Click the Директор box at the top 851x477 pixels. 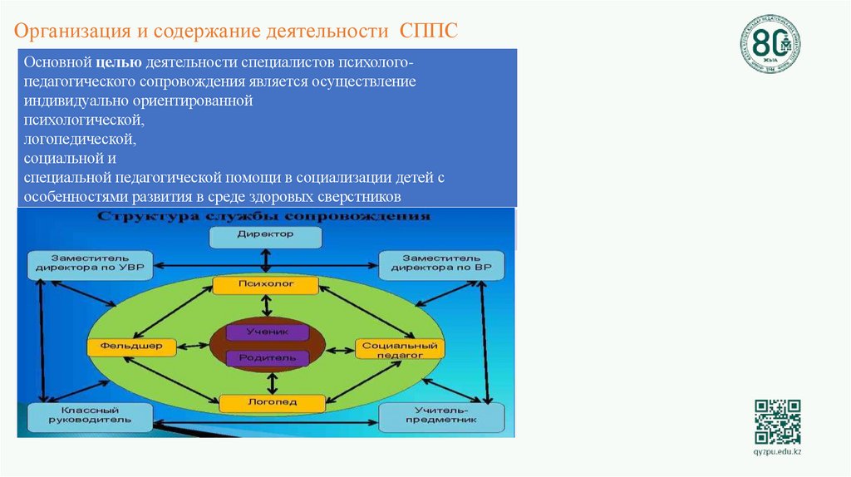pyautogui.click(x=265, y=237)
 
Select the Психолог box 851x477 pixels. pyautogui.click(x=265, y=285)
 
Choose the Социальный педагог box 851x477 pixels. pyautogui.click(x=400, y=348)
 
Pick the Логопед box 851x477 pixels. pyautogui.click(x=271, y=403)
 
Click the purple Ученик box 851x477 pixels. pyautogui.click(x=267, y=332)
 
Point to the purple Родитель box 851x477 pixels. pyautogui.click(x=267, y=357)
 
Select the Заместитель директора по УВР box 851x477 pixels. pyautogui.click(x=90, y=264)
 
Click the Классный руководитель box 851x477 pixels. pyautogui.click(x=90, y=416)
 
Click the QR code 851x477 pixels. pyautogui.click(x=777, y=421)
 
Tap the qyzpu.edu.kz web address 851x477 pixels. pyautogui.click(x=777, y=451)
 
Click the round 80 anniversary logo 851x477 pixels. pyautogui.click(x=770, y=42)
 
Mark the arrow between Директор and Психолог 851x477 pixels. pyautogui.click(x=265, y=261)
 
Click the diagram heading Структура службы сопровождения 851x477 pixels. pyautogui.click(x=265, y=217)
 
